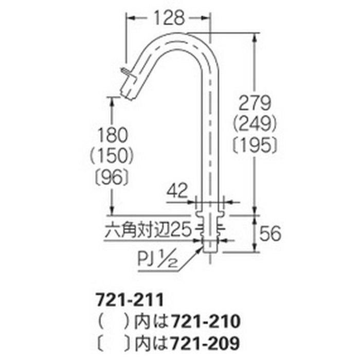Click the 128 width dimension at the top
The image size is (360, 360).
pos(169,18)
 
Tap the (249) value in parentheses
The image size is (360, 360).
pos(255,124)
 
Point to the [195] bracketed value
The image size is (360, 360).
pos(255,145)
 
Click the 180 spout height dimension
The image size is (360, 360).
pos(113,135)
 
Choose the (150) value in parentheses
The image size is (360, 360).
pos(112,156)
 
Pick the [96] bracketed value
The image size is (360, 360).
pos(112,177)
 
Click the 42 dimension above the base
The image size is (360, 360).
pos(177,191)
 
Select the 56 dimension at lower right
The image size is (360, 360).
pos(270,233)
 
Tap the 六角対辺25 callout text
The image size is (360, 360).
pos(148,230)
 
